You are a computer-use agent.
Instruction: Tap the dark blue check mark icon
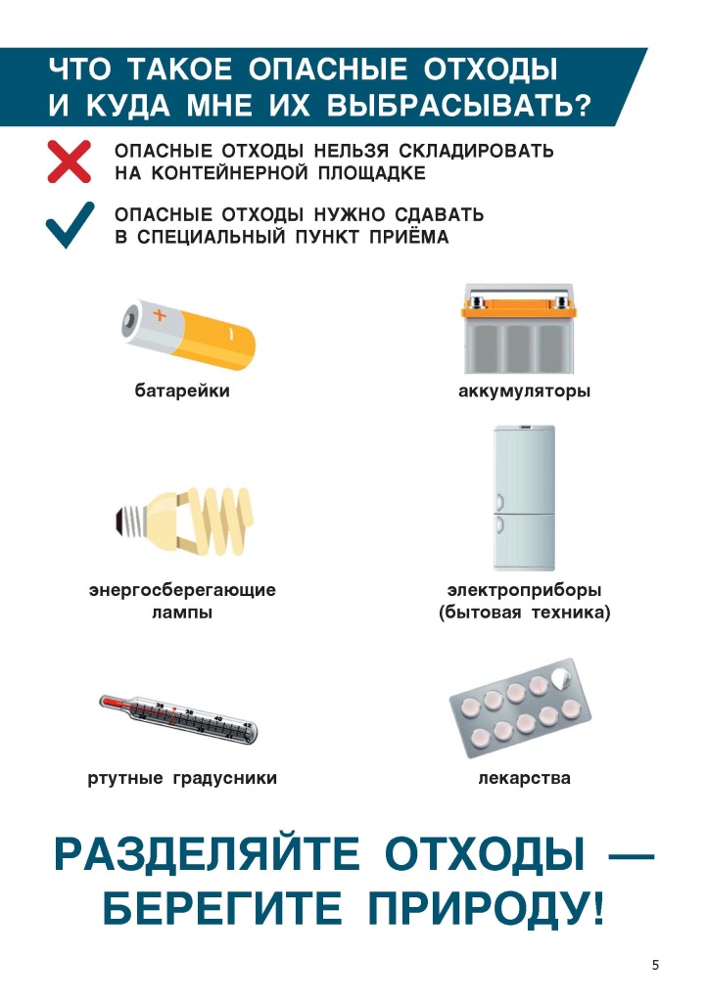70,224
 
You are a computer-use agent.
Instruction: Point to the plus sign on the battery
160,315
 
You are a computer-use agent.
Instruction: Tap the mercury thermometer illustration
183,719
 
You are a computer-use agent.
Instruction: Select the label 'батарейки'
182,392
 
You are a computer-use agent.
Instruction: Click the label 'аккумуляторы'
525,392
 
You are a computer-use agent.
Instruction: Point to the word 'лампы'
182,614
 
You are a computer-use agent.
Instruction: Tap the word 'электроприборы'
525,591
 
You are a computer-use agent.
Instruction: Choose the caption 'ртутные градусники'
182,779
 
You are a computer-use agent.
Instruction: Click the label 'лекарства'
525,779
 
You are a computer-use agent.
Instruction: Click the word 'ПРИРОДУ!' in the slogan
486,910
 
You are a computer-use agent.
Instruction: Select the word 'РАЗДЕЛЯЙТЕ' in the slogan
207,854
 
